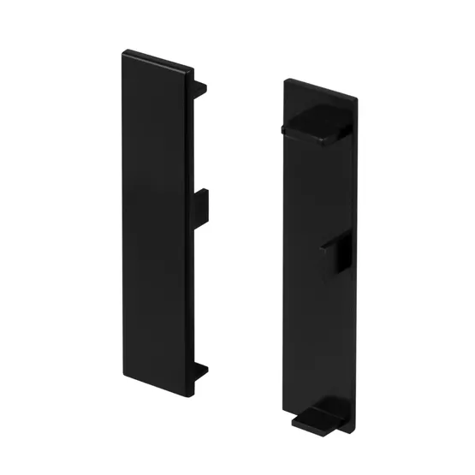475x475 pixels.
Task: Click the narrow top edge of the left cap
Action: click(158, 59)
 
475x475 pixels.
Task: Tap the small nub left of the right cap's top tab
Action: click(281, 129)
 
